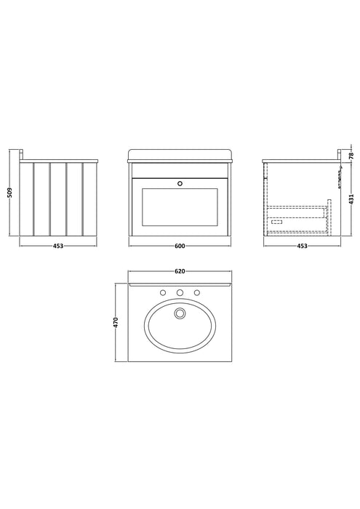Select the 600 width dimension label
tap(180, 246)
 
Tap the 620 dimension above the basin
tap(180, 271)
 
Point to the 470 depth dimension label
tap(116, 322)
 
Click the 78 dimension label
tap(351, 156)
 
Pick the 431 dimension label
tap(351, 199)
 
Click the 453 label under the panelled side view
tap(58, 246)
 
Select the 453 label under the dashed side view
tap(302, 246)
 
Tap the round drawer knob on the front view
tap(180, 183)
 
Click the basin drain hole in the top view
tap(180, 313)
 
